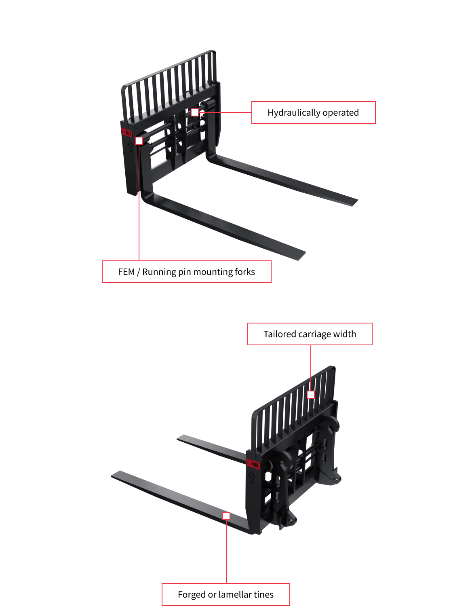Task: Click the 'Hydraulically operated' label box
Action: [x=313, y=112]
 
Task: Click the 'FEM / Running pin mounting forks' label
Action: [x=186, y=272]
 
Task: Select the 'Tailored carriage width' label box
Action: [x=310, y=334]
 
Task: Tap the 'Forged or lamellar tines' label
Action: [x=225, y=594]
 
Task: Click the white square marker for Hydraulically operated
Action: [x=195, y=112]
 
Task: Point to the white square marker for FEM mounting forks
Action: [x=139, y=141]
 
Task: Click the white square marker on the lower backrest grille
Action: [x=311, y=394]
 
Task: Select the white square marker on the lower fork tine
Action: [x=226, y=516]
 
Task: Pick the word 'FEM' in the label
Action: [x=126, y=272]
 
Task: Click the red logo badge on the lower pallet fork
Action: [x=253, y=465]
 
